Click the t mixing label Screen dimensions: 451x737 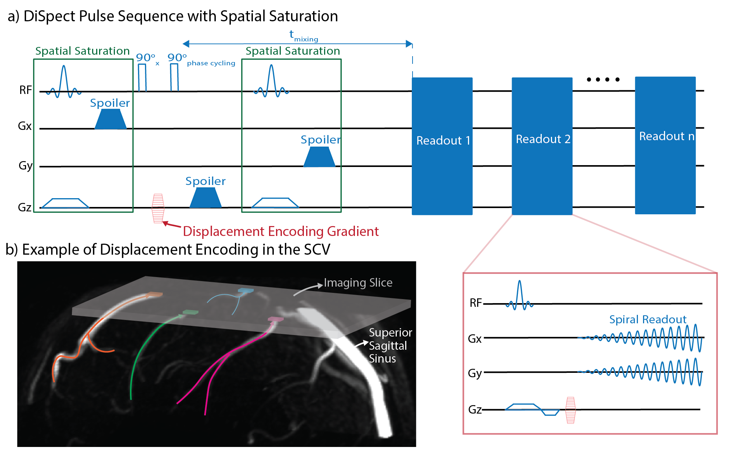pos(303,36)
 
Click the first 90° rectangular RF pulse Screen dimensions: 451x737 pos(142,77)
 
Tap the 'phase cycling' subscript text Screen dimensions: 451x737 pos(211,63)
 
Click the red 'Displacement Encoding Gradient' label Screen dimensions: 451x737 pos(281,232)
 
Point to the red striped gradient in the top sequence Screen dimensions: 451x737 pos(158,208)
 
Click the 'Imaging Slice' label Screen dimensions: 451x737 pos(358,283)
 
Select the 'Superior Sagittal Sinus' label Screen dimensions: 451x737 pos(390,345)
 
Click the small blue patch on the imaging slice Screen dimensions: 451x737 pos(246,291)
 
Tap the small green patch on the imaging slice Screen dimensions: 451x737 pos(190,312)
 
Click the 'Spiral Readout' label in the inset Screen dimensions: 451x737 pos(647,320)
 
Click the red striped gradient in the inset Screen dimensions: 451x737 pos(570,410)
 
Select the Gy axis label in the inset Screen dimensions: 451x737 pos(475,373)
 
